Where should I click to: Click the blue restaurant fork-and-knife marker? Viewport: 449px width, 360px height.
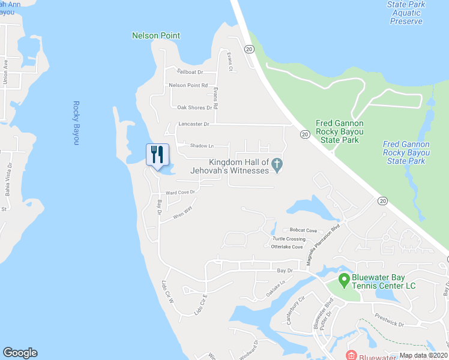pyautogui.click(x=158, y=154)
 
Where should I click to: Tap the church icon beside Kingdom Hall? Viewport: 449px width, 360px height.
pyautogui.click(x=277, y=164)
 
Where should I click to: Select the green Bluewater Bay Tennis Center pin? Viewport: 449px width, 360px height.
pyautogui.click(x=344, y=279)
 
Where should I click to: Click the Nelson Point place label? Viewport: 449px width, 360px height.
pyautogui.click(x=156, y=35)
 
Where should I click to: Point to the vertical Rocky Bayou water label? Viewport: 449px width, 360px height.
pyautogui.click(x=76, y=122)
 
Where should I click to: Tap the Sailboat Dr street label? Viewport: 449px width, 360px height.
pyautogui.click(x=186, y=71)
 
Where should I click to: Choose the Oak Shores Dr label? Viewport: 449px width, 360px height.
pyautogui.click(x=194, y=107)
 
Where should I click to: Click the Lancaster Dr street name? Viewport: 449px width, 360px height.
pyautogui.click(x=193, y=124)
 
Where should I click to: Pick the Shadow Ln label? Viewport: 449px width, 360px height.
pyautogui.click(x=202, y=146)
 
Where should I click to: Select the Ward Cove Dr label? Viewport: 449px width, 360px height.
pyautogui.click(x=181, y=193)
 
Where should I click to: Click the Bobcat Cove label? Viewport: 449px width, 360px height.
pyautogui.click(x=303, y=230)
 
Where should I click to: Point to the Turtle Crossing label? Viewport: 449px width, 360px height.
pyautogui.click(x=288, y=239)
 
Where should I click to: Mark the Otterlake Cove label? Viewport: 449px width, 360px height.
pyautogui.click(x=287, y=247)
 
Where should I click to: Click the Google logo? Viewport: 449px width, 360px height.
pyautogui.click(x=20, y=353)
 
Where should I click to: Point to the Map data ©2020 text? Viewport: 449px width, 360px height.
pyautogui.click(x=423, y=355)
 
